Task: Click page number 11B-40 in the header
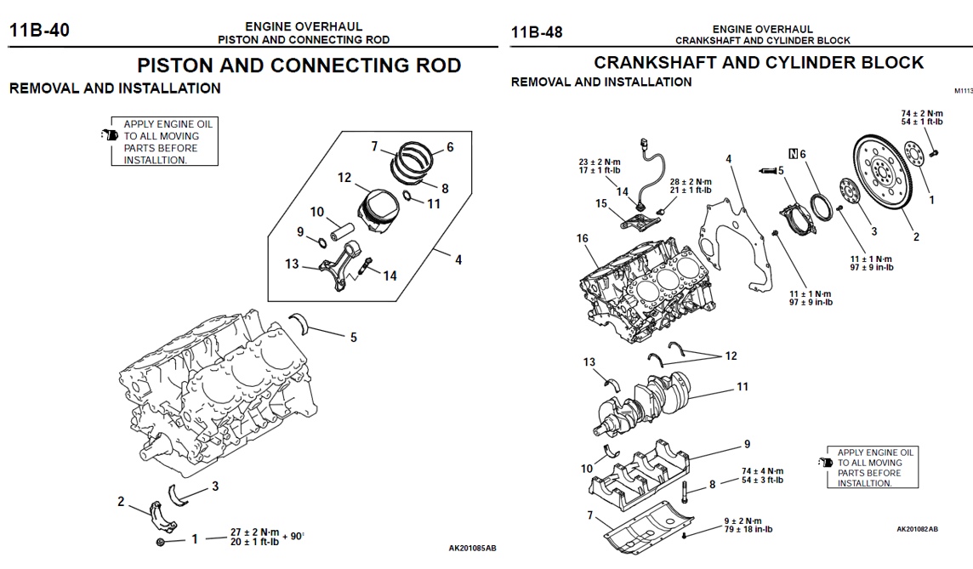39,32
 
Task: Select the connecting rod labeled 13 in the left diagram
339,267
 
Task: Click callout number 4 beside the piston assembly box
458,260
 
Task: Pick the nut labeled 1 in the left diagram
160,542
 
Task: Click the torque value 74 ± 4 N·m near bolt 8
762,470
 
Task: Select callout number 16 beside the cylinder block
583,239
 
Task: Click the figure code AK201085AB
472,548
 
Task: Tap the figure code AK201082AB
917,529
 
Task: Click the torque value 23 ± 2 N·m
600,161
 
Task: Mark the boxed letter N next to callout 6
793,154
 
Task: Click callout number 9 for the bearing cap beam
747,444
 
